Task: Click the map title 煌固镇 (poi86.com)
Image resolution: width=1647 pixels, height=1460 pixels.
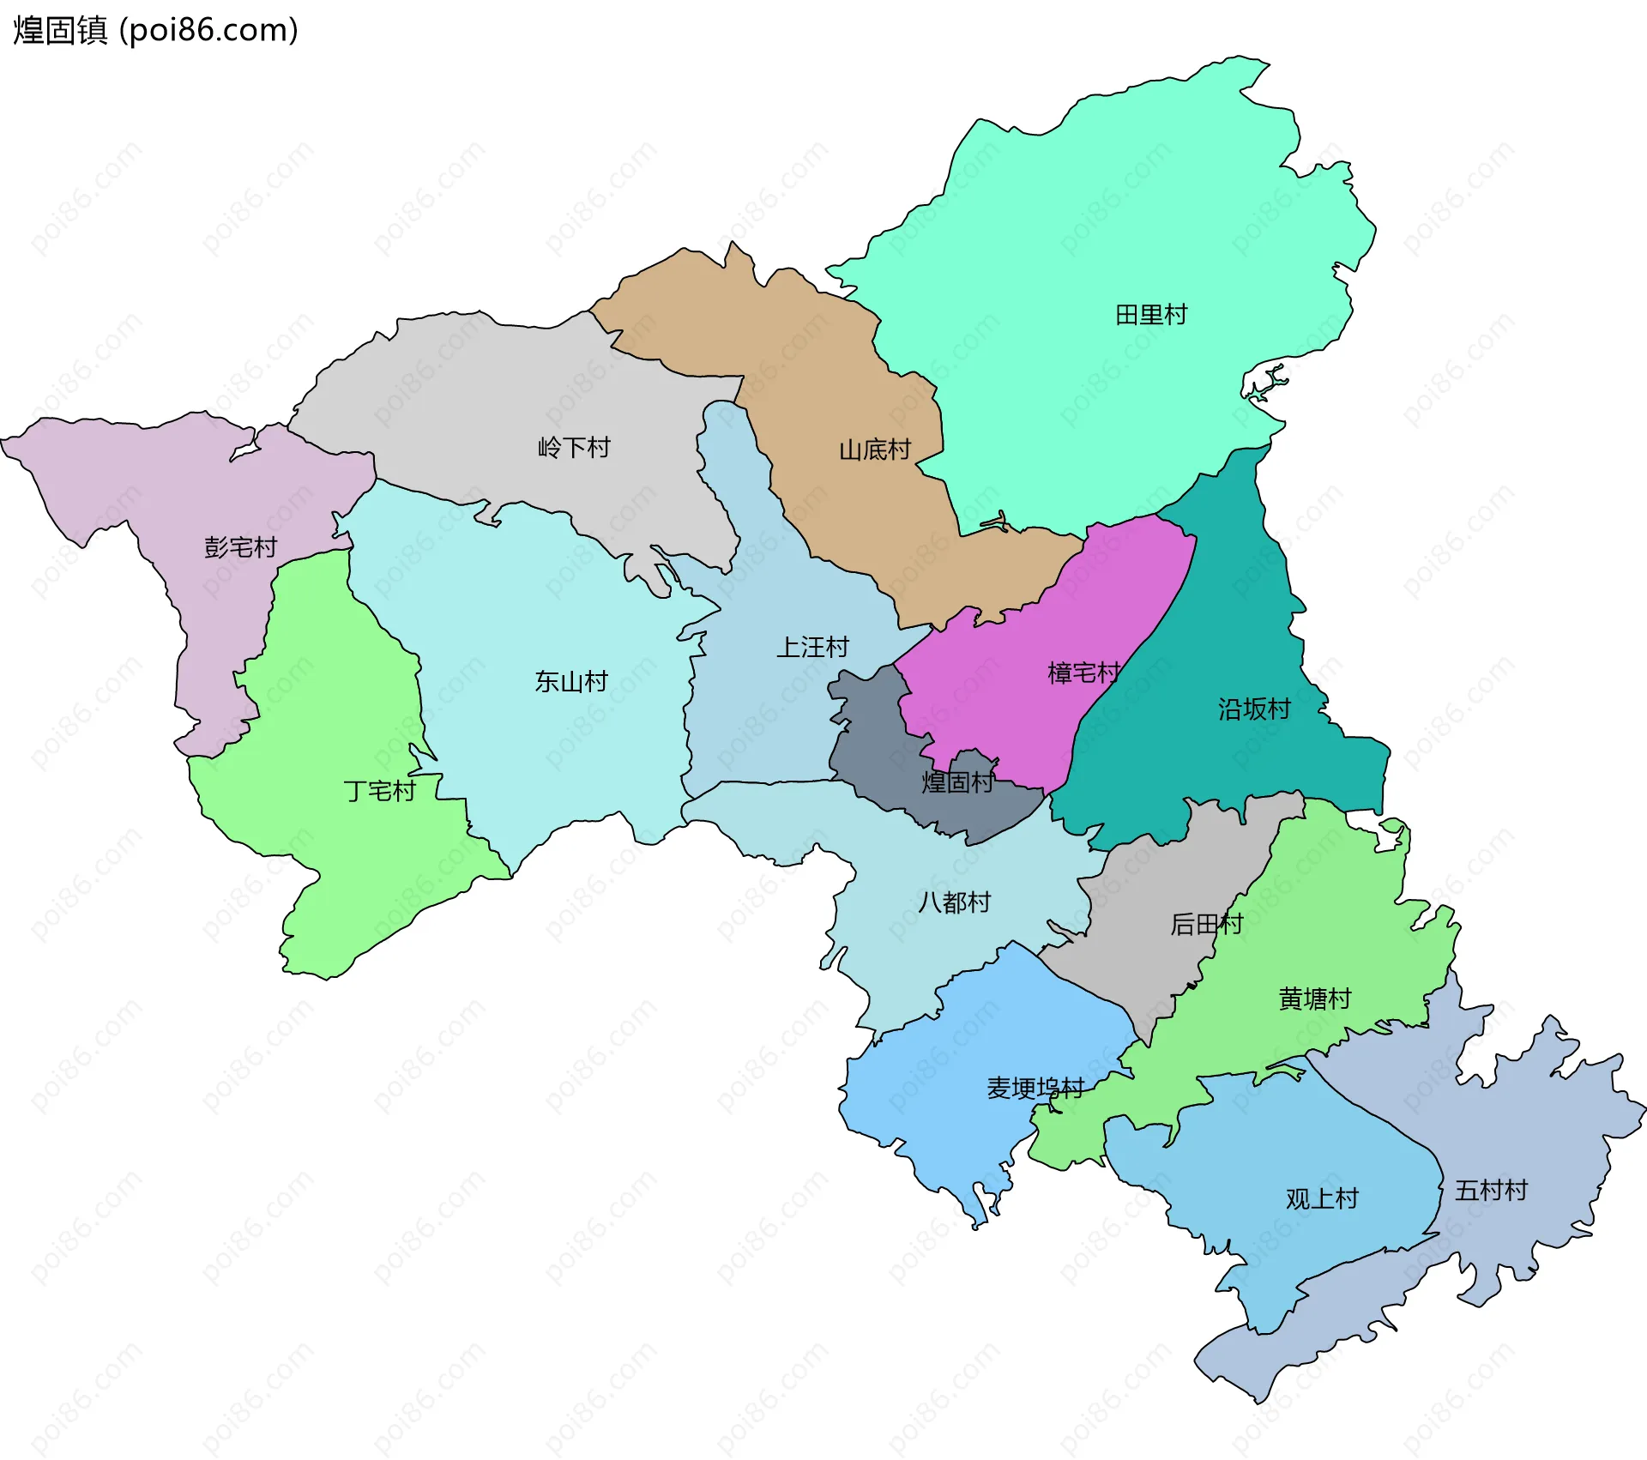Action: pos(155,30)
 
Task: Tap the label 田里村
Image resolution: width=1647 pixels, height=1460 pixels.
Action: pos(1151,315)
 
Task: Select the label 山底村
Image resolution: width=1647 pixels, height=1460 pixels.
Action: pos(874,449)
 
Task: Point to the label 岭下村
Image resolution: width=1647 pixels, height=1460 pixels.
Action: pos(573,447)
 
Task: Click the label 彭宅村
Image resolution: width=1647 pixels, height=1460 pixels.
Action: pos(240,546)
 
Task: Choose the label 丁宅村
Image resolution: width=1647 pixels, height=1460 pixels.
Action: pos(379,790)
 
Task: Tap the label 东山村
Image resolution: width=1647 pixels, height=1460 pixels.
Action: pos(570,681)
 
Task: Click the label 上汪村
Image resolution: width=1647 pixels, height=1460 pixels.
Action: pos(811,647)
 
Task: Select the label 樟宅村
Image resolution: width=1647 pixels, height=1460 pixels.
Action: pos(1083,673)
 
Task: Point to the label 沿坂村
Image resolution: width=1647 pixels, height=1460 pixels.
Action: pos(1254,709)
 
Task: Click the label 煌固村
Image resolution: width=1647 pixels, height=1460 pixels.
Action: pos(956,782)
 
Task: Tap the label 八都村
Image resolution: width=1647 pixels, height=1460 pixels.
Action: pos(954,902)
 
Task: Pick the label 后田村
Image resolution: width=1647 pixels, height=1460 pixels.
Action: pos(1206,924)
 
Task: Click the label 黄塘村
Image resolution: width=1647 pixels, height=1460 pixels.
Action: pos(1314,998)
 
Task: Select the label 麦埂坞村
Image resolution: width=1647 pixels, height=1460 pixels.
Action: pos(1035,1089)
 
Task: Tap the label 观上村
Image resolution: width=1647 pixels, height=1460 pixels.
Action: pos(1322,1198)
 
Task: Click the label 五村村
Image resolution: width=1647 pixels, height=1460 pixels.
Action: pos(1491,1190)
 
